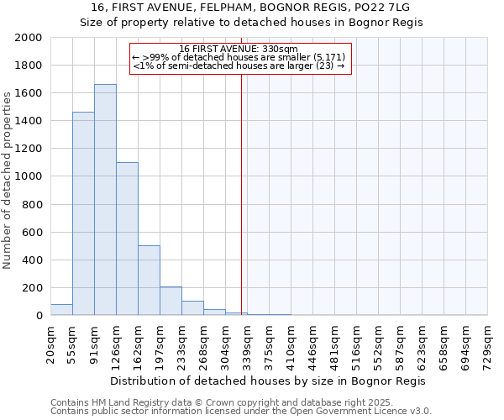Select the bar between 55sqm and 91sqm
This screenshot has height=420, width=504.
pos(83,213)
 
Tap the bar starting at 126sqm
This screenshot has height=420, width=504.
pos(127,239)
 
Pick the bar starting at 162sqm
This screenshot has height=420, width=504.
pos(149,281)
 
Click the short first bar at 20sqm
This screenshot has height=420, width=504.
pos(61,310)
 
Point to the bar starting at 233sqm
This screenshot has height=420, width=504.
pos(192,308)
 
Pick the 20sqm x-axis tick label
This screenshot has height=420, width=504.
pos(50,344)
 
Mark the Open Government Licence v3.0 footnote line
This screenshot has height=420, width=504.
pos(240,412)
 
